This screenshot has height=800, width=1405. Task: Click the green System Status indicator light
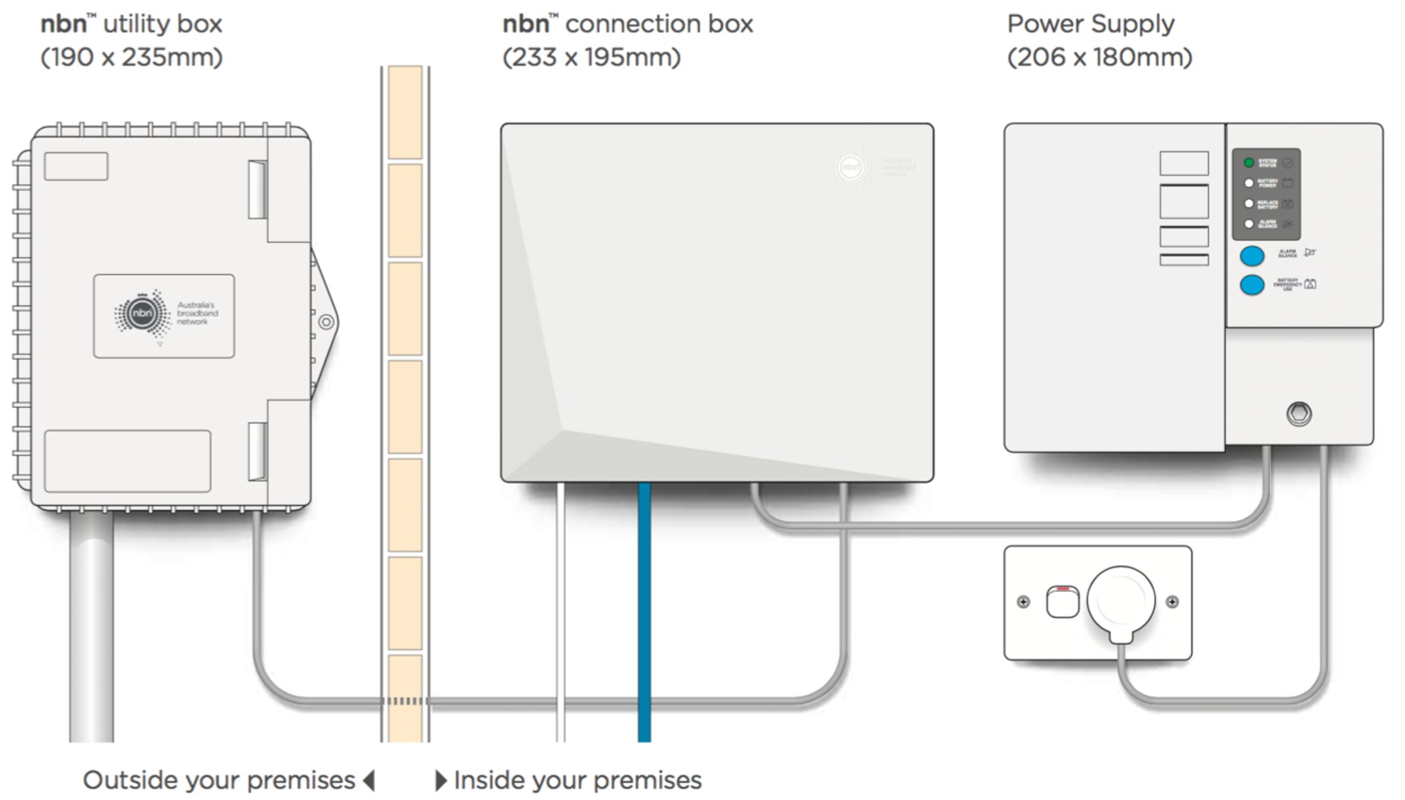[1248, 163]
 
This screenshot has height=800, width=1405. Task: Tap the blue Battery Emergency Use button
[1252, 285]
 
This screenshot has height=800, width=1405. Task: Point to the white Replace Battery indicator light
[1248, 204]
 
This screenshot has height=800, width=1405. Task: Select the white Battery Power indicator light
[1248, 183]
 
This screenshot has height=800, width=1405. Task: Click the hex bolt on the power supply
[1299, 414]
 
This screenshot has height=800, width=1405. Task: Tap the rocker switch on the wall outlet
[1062, 602]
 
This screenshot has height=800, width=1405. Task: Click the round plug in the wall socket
[1121, 600]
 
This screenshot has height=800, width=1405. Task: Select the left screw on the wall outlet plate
[1023, 602]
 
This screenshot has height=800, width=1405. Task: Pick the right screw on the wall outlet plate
[1172, 602]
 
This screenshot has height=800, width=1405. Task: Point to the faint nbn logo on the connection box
[851, 167]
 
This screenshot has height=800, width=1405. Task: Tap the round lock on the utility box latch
[326, 322]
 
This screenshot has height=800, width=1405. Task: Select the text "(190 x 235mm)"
[131, 58]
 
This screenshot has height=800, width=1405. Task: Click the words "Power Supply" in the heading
[1091, 24]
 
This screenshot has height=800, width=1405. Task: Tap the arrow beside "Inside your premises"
[441, 781]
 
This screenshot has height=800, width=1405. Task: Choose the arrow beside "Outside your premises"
[370, 781]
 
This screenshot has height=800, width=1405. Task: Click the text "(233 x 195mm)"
[592, 58]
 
